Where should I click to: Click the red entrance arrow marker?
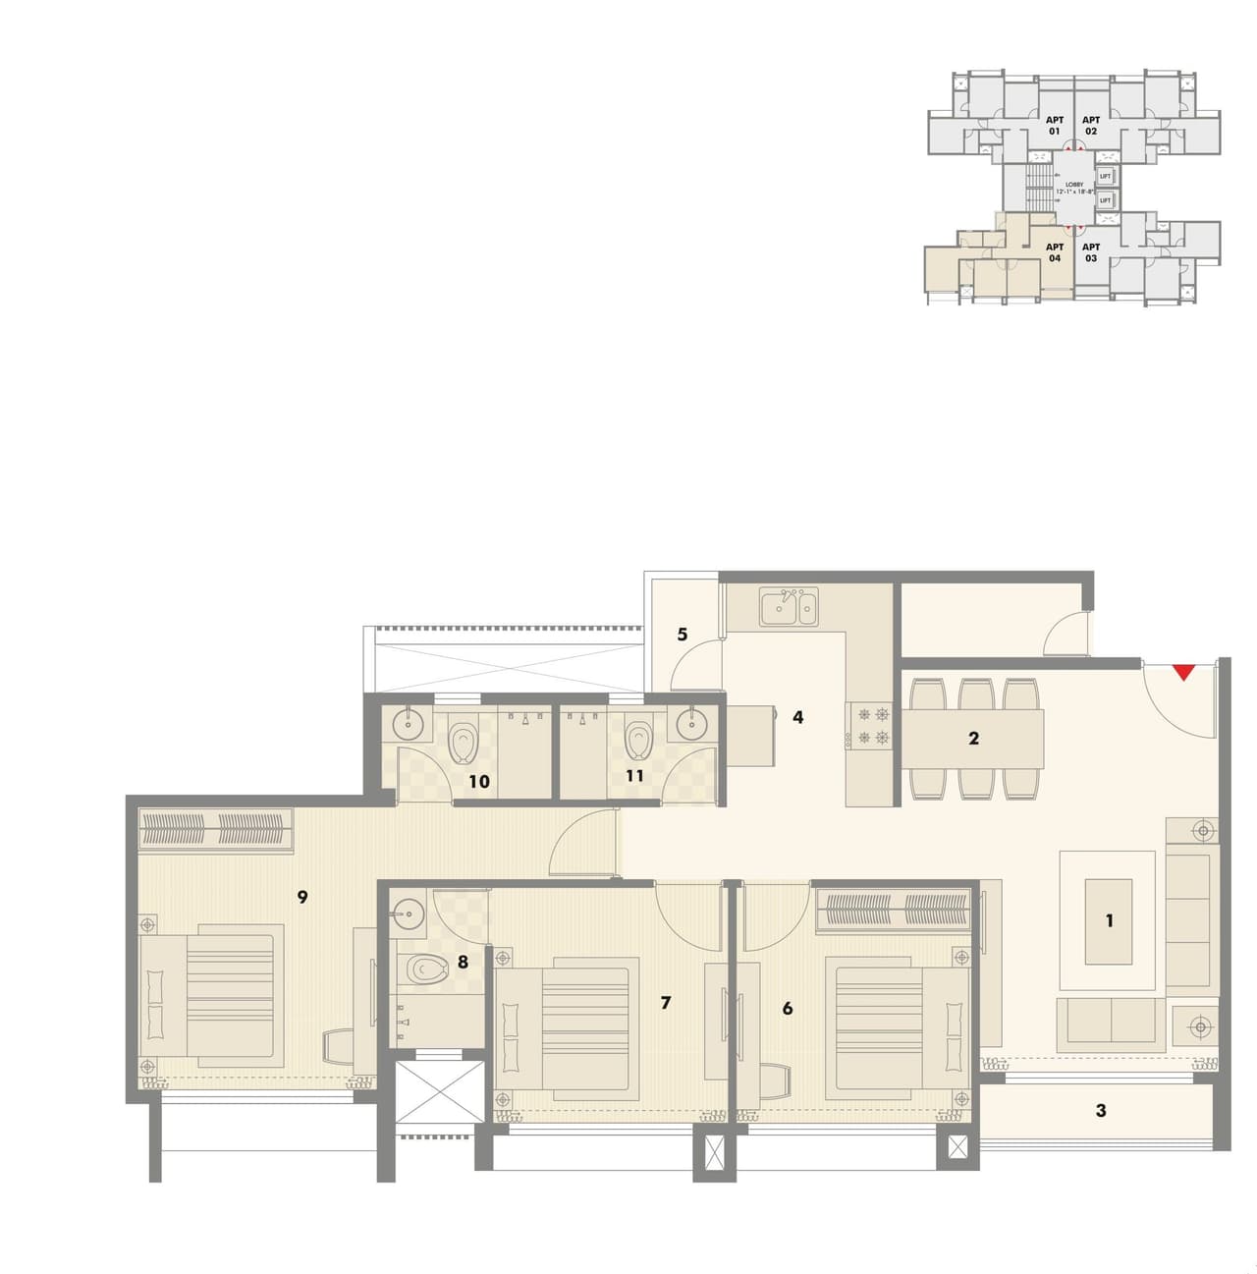[x=1184, y=672]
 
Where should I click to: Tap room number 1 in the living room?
[x=1109, y=920]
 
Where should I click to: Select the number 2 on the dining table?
[x=973, y=738]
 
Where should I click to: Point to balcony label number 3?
[x=1100, y=1110]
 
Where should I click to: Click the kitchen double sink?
[x=788, y=608]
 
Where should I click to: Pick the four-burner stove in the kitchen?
[x=872, y=726]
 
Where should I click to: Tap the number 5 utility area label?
[x=683, y=635]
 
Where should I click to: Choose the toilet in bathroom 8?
[x=424, y=969]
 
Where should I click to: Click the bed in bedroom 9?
[x=211, y=994]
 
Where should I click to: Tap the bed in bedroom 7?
[x=566, y=1032]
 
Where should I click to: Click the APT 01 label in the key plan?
[x=1054, y=126]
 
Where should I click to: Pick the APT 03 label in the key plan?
[x=1090, y=252]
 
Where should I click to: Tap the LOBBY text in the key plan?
[x=1074, y=185]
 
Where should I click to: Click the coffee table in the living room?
[x=1108, y=921]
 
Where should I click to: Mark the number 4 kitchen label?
[x=797, y=717]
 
